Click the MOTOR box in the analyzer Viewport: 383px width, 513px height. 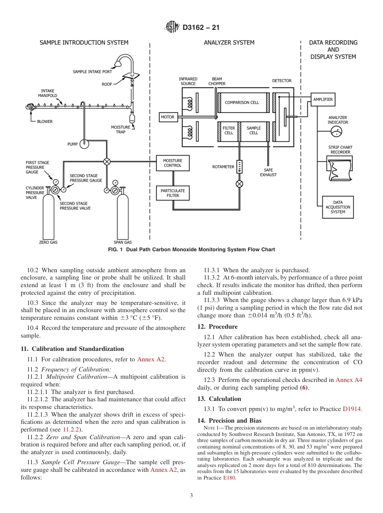(168, 117)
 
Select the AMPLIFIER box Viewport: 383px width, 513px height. (323, 99)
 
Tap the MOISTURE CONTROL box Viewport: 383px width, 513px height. (173, 163)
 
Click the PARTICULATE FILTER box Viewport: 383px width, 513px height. (173, 193)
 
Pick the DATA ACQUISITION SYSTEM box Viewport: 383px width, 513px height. (338, 207)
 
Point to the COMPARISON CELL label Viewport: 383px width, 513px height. (242, 102)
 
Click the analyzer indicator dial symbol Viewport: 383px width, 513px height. (336, 131)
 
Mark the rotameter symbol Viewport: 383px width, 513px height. (239, 167)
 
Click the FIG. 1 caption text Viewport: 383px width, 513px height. (191, 250)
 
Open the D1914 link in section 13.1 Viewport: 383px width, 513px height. (352, 409)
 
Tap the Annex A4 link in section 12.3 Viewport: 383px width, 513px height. (349, 380)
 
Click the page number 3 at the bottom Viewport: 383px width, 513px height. (191, 496)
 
